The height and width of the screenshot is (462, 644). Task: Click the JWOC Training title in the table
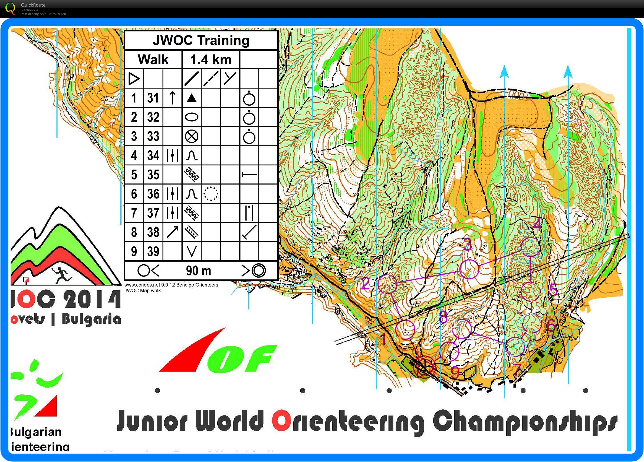click(x=201, y=40)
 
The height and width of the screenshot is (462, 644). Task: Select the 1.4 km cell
click(x=211, y=60)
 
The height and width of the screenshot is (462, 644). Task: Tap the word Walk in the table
click(x=153, y=60)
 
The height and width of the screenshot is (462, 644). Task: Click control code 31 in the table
click(x=153, y=98)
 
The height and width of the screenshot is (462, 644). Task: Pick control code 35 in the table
click(x=153, y=174)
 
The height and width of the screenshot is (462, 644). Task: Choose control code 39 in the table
click(x=153, y=251)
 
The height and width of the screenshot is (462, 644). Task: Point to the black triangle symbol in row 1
click(x=191, y=98)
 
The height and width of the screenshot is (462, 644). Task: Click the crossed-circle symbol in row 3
click(x=191, y=136)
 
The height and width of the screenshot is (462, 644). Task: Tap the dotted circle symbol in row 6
click(x=211, y=194)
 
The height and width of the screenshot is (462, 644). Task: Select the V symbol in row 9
click(x=191, y=251)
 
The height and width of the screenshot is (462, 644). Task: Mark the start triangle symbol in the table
click(x=134, y=79)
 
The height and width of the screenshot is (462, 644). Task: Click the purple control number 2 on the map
click(x=366, y=283)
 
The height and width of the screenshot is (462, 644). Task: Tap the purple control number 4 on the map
click(x=537, y=225)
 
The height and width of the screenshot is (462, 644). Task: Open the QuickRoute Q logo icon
click(x=11, y=8)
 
